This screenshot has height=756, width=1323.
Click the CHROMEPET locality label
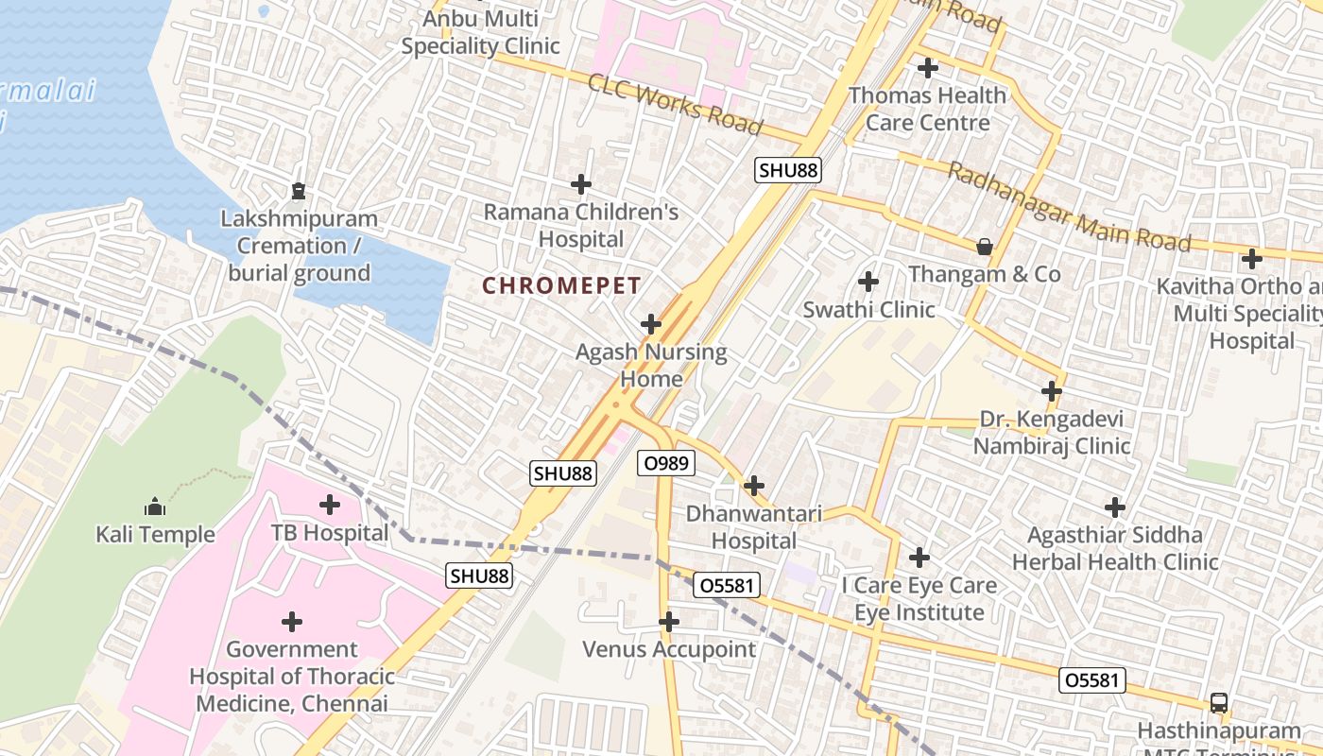561,285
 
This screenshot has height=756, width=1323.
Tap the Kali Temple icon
155,507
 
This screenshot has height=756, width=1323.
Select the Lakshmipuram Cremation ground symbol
299,191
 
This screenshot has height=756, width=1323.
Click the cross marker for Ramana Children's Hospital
581,184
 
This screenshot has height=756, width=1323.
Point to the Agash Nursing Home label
651,366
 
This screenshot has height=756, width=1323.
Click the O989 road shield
666,463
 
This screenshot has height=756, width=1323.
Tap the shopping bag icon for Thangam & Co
985,247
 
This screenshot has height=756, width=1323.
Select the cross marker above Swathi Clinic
868,282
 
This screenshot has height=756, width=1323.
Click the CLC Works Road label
675,104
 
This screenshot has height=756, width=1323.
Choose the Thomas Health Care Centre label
927,109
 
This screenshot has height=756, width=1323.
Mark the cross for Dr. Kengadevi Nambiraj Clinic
1052,391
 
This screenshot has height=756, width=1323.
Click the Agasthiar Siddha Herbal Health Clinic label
1115,548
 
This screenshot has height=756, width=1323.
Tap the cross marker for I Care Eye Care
919,558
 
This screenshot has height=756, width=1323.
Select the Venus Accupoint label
669,649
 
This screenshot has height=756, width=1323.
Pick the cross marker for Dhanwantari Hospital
753,487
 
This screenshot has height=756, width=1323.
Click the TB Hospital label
330,533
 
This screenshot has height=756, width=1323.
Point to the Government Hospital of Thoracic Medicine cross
292,622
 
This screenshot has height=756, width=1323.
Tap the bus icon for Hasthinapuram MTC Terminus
1219,703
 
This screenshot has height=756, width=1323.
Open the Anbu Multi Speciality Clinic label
480,32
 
